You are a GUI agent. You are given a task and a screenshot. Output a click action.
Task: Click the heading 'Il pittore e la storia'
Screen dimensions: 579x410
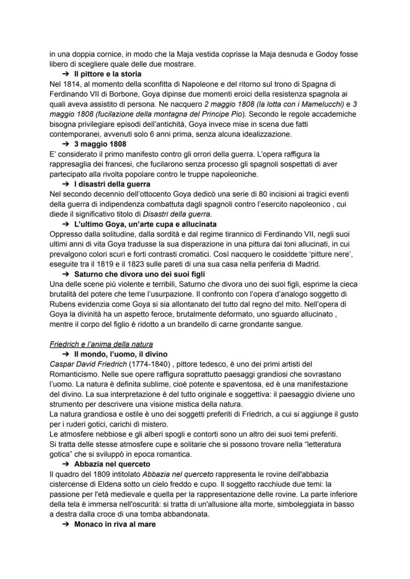pos(107,74)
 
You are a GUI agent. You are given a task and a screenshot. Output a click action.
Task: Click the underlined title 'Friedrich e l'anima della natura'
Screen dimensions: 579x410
pos(101,344)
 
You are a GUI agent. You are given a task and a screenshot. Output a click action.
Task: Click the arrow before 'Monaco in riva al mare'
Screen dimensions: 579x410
pos(66,525)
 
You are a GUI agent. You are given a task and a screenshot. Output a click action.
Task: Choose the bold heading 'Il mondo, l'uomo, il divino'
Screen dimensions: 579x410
pos(121,354)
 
